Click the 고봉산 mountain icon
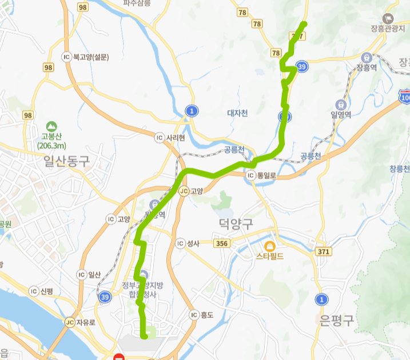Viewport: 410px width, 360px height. pyautogui.click(x=51, y=126)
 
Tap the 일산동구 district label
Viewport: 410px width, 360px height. pyautogui.click(x=66, y=162)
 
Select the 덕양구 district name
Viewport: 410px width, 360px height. pyautogui.click(x=236, y=223)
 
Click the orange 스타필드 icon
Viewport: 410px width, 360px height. pyautogui.click(x=270, y=246)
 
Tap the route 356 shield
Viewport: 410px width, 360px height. pyautogui.click(x=222, y=244)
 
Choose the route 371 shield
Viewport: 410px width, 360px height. pyautogui.click(x=324, y=251)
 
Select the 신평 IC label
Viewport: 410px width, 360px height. pyautogui.click(x=45, y=291)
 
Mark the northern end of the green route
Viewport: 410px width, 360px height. pyautogui.click(x=304, y=24)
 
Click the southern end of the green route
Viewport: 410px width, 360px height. pyautogui.click(x=145, y=337)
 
